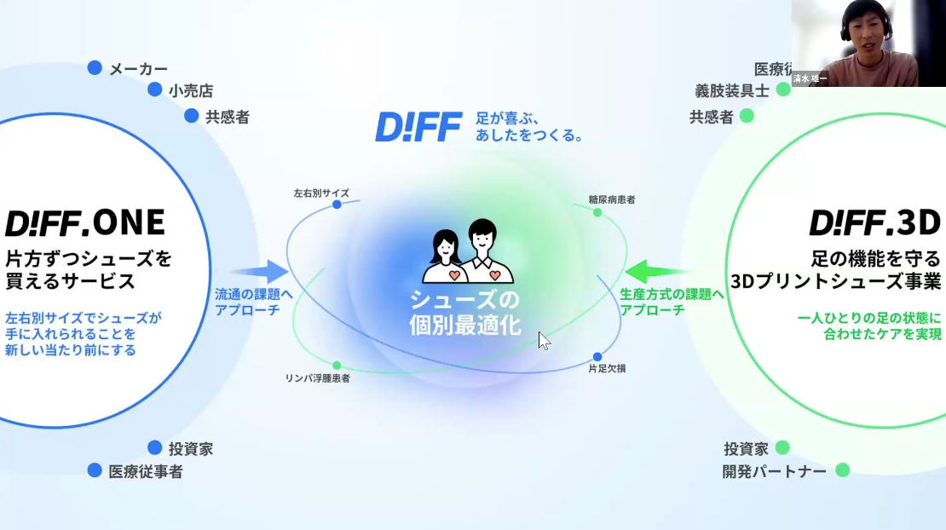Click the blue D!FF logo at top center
coord(418,127)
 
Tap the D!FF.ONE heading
coord(85,223)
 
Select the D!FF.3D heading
coord(874,223)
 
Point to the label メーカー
coord(138,69)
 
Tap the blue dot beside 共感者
coord(191,115)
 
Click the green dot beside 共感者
coord(747,115)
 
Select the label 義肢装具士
coord(731,90)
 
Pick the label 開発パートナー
coord(774,470)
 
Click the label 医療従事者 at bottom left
coord(145,470)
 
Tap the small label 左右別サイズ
coord(321,193)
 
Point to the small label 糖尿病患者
coord(611,199)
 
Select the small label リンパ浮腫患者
coord(317,377)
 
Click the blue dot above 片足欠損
coord(597,356)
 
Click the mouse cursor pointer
coord(544,341)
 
